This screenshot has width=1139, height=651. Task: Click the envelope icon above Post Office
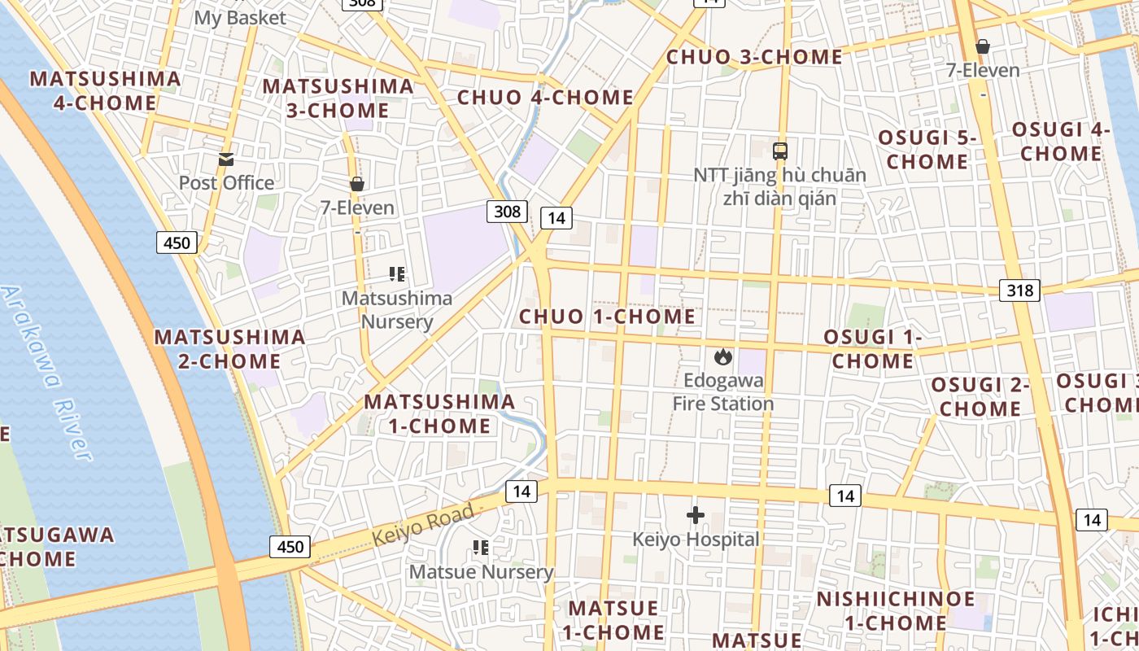click(x=225, y=159)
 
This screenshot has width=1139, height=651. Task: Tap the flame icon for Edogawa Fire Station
click(x=722, y=356)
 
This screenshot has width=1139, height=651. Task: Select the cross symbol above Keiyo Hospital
click(x=696, y=515)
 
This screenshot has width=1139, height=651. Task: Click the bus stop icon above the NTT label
click(x=780, y=151)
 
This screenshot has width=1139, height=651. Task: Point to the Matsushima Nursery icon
click(x=397, y=274)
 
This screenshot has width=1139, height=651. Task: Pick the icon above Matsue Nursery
click(x=481, y=548)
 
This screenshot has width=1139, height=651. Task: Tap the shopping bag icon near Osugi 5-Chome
click(x=983, y=46)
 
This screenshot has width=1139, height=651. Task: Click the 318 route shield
click(x=1019, y=291)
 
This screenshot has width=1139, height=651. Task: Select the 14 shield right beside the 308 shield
click(x=556, y=217)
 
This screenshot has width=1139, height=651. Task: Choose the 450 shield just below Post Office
click(x=177, y=242)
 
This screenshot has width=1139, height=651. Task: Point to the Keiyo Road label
click(x=423, y=525)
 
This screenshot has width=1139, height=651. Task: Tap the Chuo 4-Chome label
click(x=545, y=98)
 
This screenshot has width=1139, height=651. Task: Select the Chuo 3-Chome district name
click(x=754, y=57)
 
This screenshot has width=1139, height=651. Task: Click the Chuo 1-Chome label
click(x=607, y=317)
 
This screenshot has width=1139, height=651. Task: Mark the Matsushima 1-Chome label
click(x=439, y=413)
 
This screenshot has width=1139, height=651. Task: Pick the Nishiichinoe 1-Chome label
click(x=895, y=611)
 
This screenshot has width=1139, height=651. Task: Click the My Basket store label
click(x=240, y=17)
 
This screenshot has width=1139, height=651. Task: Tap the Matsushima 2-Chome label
click(x=229, y=348)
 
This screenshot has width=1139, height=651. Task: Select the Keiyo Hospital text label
click(x=696, y=540)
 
